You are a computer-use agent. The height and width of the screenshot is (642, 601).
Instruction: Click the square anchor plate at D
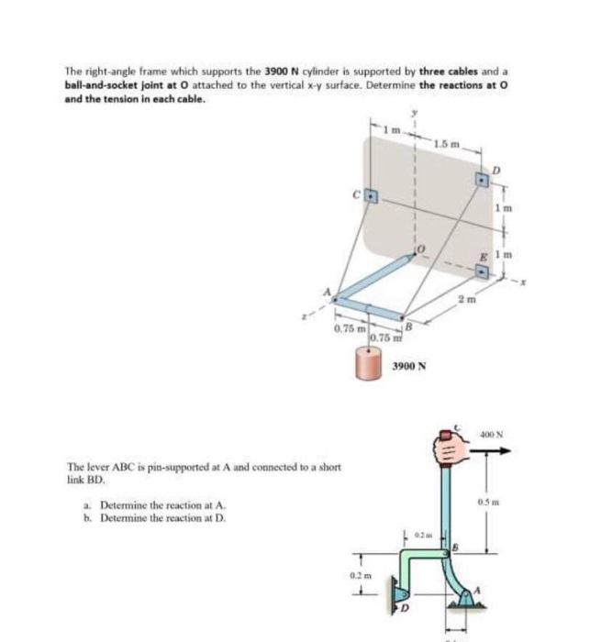(x=483, y=180)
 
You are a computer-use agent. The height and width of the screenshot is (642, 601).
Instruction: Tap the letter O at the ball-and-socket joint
(x=422, y=249)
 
